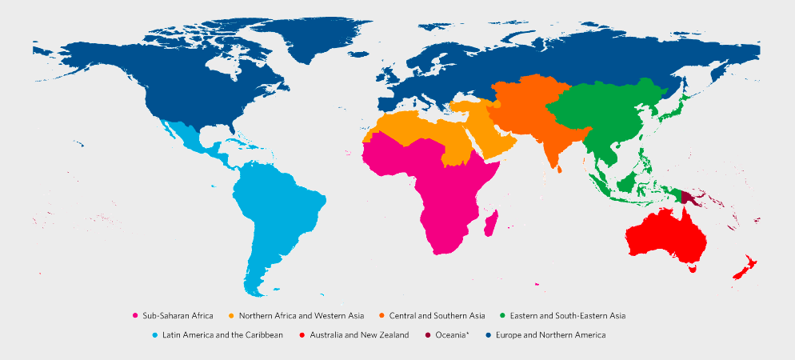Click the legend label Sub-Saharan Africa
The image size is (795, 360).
[178, 316]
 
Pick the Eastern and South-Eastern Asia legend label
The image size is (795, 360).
[567, 316]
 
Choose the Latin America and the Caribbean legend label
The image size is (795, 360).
[222, 334]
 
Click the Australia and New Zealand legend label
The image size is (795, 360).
[359, 334]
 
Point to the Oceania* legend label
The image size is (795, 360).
[455, 334]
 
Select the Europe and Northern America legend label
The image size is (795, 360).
[550, 334]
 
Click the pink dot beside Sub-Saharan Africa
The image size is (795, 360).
[135, 316]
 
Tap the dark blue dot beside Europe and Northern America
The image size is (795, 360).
[488, 334]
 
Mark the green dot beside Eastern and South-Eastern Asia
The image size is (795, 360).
[502, 316]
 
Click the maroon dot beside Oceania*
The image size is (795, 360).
[428, 334]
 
